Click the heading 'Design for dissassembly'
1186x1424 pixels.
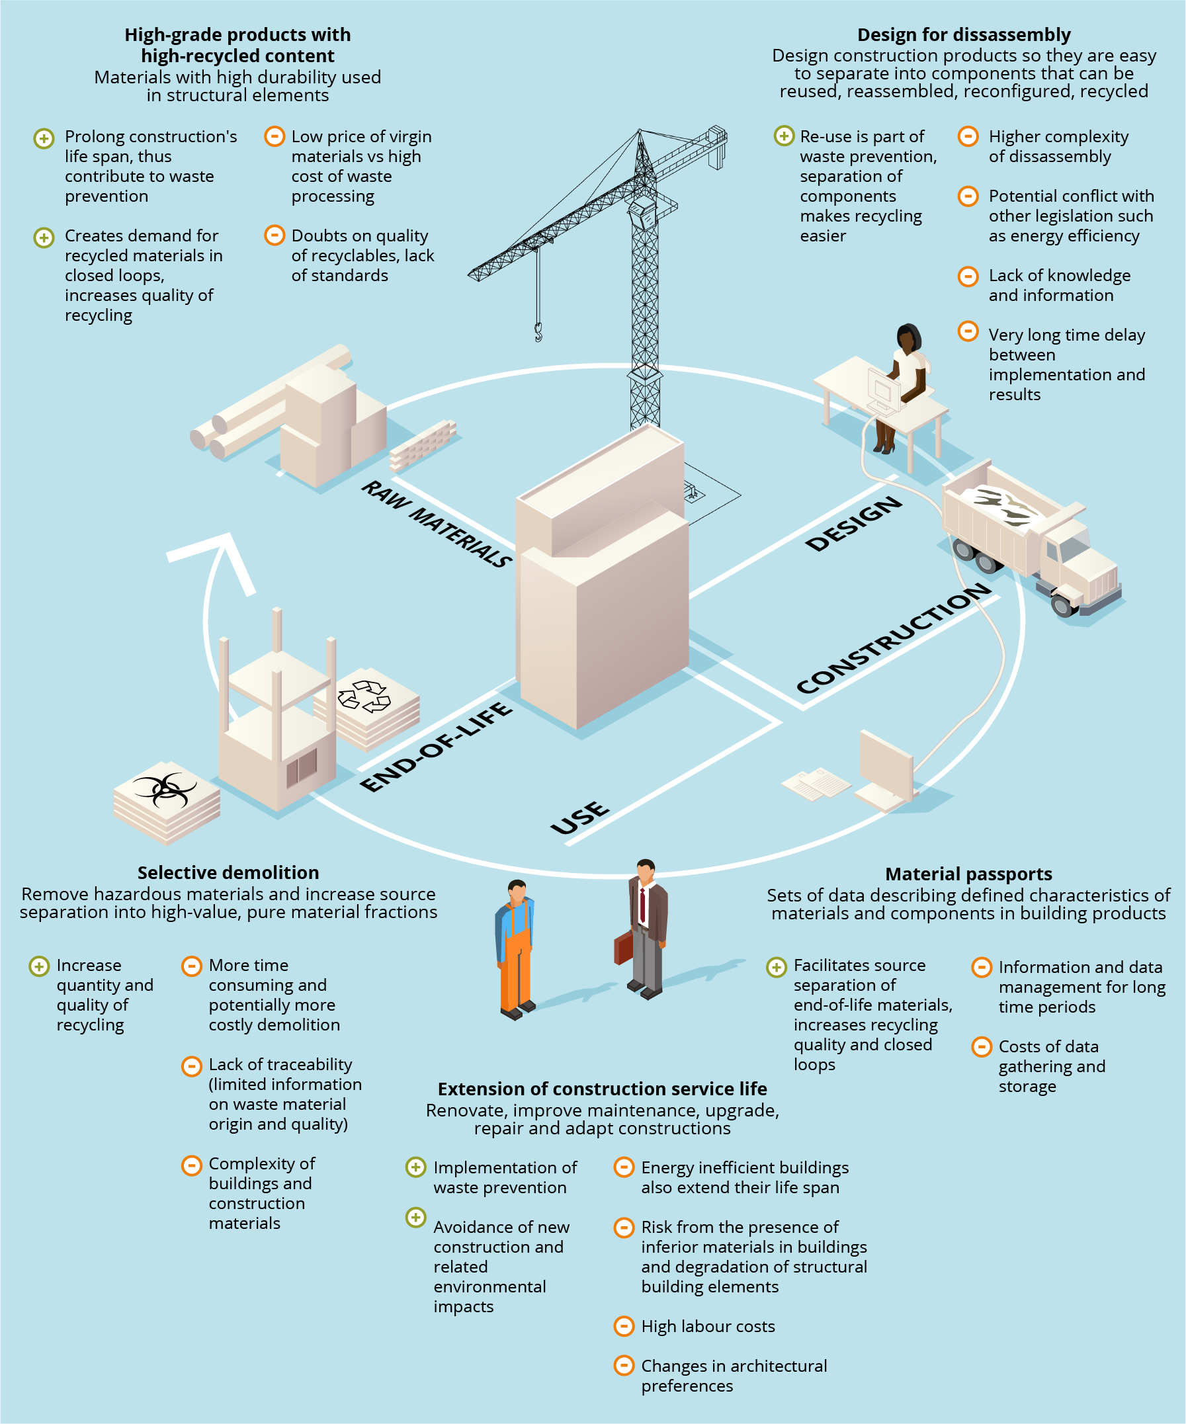coord(964,34)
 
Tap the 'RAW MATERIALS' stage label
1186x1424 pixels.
coord(437,523)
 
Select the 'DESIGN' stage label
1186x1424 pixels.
coord(854,523)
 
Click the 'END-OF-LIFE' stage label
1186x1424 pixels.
coord(435,747)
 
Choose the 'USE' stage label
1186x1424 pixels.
coord(580,817)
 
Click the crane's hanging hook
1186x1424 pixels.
coord(538,331)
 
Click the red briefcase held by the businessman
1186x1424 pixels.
coord(623,946)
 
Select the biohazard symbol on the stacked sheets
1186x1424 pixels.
coord(164,789)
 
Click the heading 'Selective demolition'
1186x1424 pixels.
coord(228,872)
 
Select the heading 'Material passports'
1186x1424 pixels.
coord(968,874)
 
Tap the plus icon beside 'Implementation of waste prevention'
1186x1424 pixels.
coord(415,1167)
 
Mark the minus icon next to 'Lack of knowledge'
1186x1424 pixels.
coord(968,276)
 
